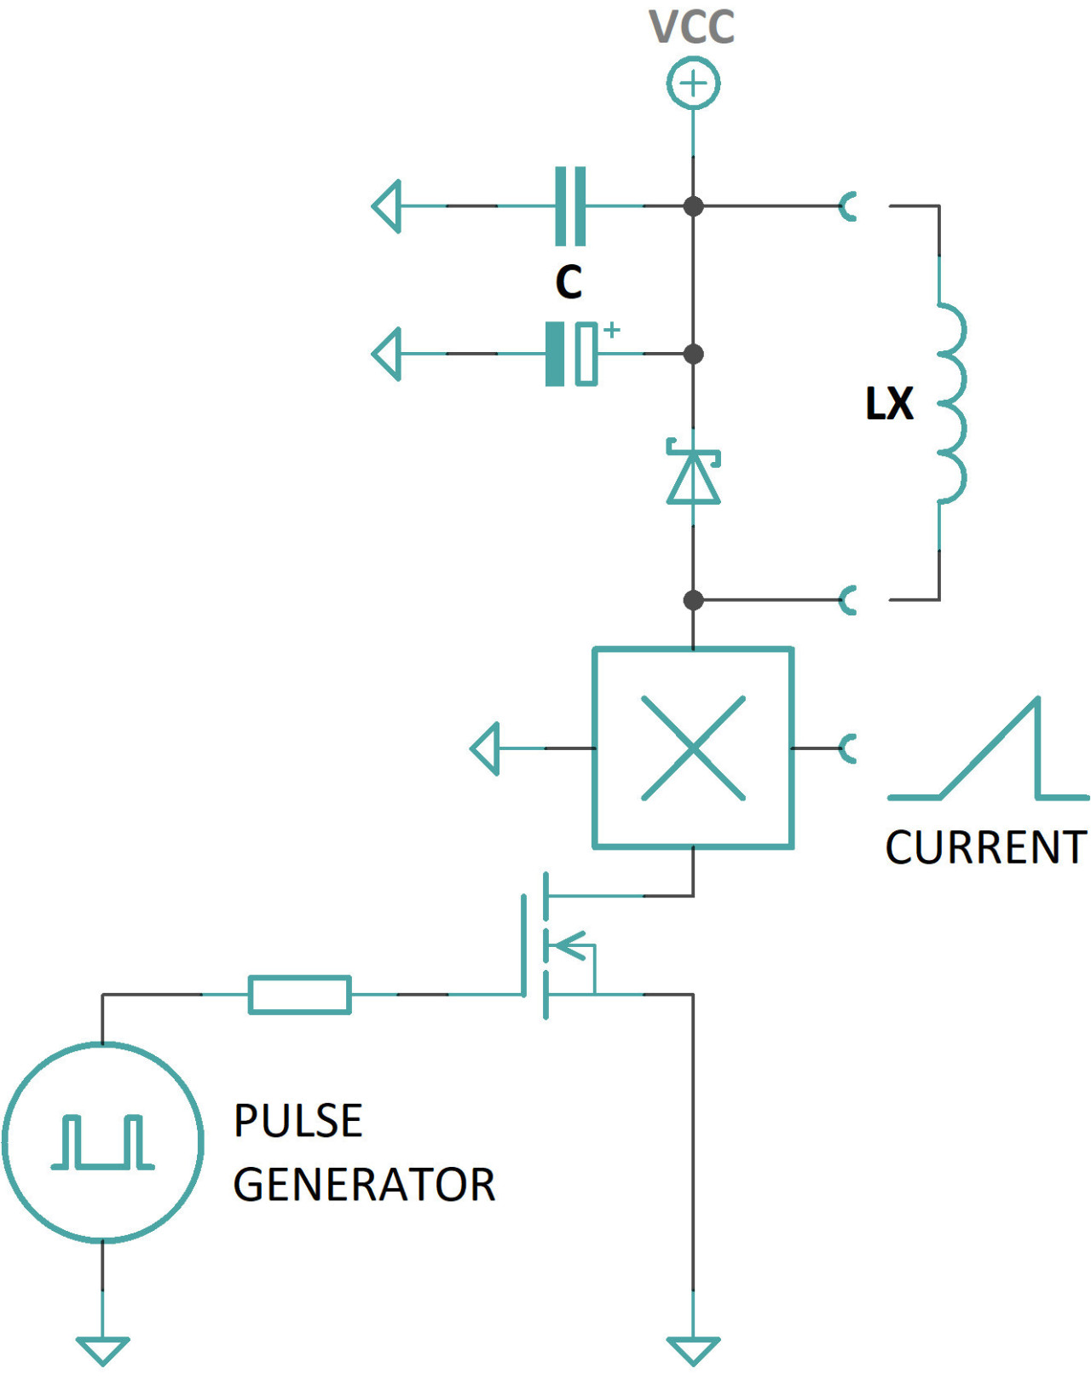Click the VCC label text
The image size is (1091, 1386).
point(691,27)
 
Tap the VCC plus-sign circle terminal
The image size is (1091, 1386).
point(693,84)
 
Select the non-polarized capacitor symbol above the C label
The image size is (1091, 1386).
point(570,206)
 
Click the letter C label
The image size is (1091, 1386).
point(569,281)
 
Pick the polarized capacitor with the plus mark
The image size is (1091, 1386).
point(571,354)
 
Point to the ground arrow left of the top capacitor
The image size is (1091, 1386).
point(387,206)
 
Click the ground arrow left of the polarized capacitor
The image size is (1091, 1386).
point(387,354)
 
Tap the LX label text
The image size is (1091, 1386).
point(889,404)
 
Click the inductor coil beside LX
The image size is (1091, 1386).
point(951,403)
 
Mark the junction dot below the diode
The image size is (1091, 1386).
point(693,600)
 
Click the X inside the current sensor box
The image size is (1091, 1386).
point(693,748)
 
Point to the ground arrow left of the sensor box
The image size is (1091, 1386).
point(485,748)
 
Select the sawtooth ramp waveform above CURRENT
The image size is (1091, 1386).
point(989,754)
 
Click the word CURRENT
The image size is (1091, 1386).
point(985,847)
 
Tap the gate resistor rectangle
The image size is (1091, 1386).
point(299,995)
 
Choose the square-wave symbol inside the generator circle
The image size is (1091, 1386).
point(102,1141)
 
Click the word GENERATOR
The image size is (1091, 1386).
point(364,1185)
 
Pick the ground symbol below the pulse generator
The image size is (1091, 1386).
point(102,1350)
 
